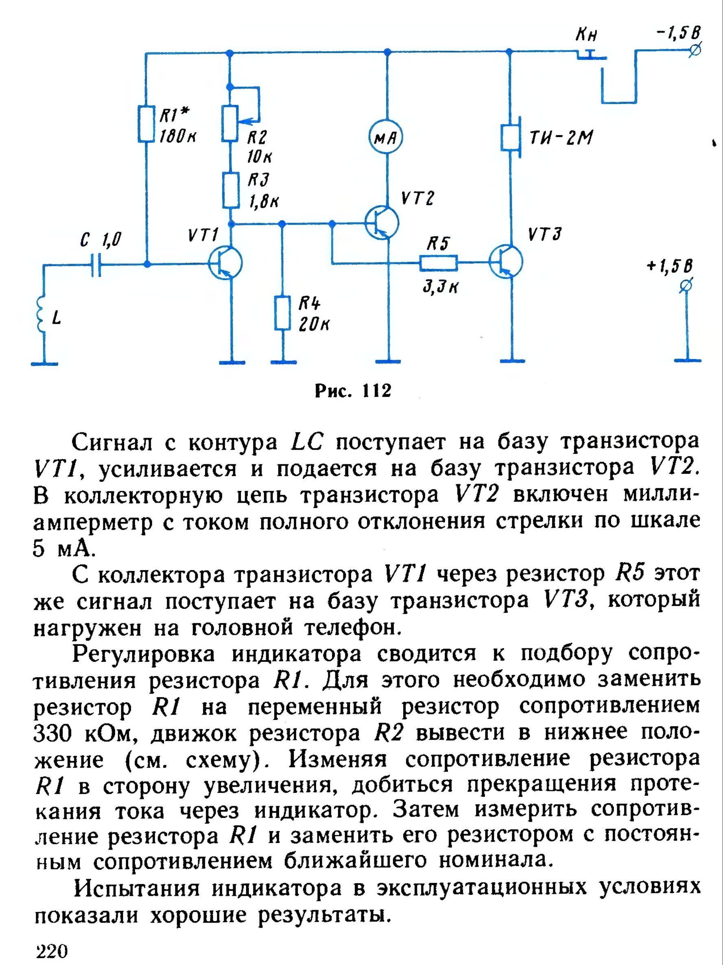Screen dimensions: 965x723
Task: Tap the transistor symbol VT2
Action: point(382,223)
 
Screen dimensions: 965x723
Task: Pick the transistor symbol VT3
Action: point(506,262)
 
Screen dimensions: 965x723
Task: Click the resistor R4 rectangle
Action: point(283,313)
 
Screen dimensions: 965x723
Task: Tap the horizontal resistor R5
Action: point(438,263)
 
